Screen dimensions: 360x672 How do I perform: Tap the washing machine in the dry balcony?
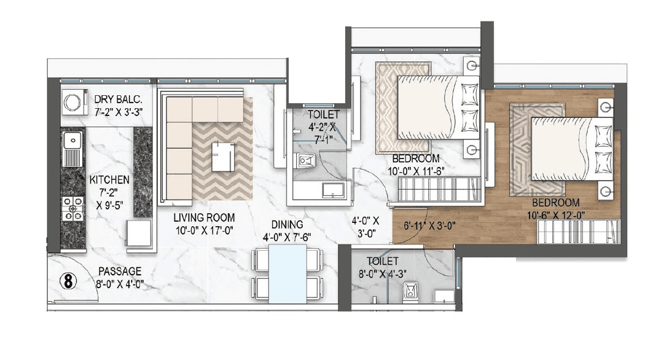73,101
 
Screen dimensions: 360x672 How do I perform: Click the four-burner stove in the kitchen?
73,208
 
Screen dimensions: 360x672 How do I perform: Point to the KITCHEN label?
109,180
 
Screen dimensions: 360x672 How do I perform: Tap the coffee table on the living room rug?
222,157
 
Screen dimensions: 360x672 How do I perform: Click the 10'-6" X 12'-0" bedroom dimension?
556,214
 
